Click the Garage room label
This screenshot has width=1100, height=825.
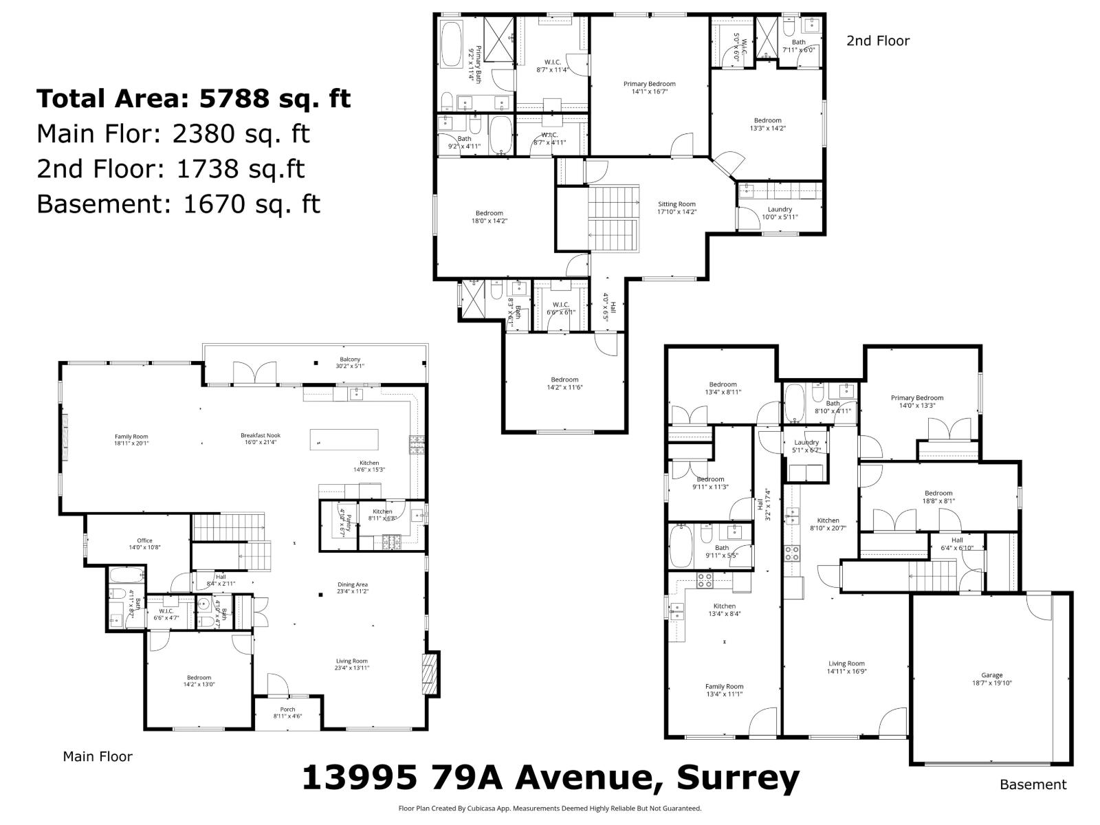(x=991, y=675)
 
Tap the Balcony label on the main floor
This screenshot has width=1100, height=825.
(x=349, y=360)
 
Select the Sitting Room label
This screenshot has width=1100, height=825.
(x=676, y=204)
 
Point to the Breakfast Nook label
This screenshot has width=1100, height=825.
(x=261, y=435)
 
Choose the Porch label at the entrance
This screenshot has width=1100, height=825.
(x=287, y=709)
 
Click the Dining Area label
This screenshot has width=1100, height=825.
(x=352, y=585)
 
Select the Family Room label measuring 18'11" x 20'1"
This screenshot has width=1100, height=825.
(x=131, y=437)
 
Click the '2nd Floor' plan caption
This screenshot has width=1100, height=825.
(x=877, y=41)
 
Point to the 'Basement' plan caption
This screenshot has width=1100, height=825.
(x=1033, y=784)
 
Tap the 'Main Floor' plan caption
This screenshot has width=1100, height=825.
(x=98, y=756)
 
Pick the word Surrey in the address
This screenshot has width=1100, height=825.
(x=738, y=779)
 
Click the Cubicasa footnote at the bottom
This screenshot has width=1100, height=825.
(x=550, y=808)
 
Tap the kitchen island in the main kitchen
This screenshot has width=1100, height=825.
(x=344, y=439)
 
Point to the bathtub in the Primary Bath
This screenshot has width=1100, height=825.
(x=452, y=45)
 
